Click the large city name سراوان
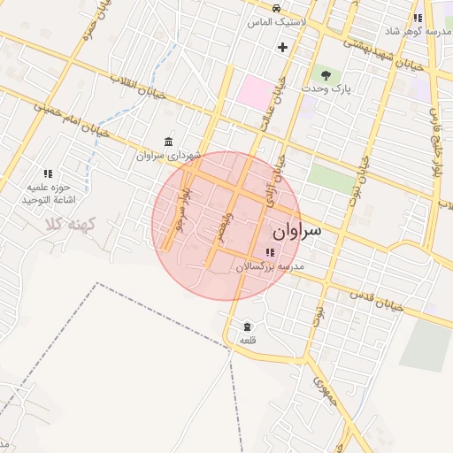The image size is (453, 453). click(299, 232)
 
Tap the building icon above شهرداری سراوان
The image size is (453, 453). click(168, 142)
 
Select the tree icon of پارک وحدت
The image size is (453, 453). click(326, 75)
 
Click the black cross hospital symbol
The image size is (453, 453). click(282, 46)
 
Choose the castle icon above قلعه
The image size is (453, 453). click(247, 326)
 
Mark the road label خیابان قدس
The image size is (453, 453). click(377, 301)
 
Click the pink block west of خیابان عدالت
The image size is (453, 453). click(256, 92)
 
